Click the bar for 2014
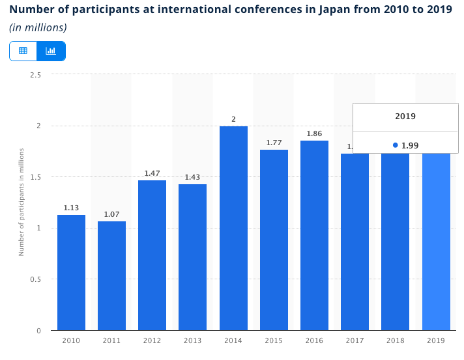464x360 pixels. pyautogui.click(x=233, y=228)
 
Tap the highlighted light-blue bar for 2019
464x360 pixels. pyautogui.click(x=436, y=241)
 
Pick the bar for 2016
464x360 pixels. pyautogui.click(x=314, y=235)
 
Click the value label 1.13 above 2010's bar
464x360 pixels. pyautogui.click(x=71, y=208)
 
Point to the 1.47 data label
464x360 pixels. pyautogui.click(x=152, y=173)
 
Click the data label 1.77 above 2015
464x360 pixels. pyautogui.click(x=274, y=143)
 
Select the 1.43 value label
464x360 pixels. pyautogui.click(x=192, y=177)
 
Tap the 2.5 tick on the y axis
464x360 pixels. pyautogui.click(x=36, y=75)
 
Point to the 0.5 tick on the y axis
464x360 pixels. pyautogui.click(x=36, y=279)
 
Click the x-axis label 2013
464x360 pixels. pyautogui.click(x=192, y=340)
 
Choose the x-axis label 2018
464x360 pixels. pyautogui.click(x=395, y=340)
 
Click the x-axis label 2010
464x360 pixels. pyautogui.click(x=71, y=340)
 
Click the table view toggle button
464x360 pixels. pyautogui.click(x=23, y=51)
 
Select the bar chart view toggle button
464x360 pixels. pyautogui.click(x=51, y=51)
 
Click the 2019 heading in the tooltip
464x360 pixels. pyautogui.click(x=405, y=117)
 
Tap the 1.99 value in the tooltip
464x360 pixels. pyautogui.click(x=410, y=145)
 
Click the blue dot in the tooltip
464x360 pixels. pyautogui.click(x=396, y=145)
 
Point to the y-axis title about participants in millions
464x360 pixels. pyautogui.click(x=22, y=202)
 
